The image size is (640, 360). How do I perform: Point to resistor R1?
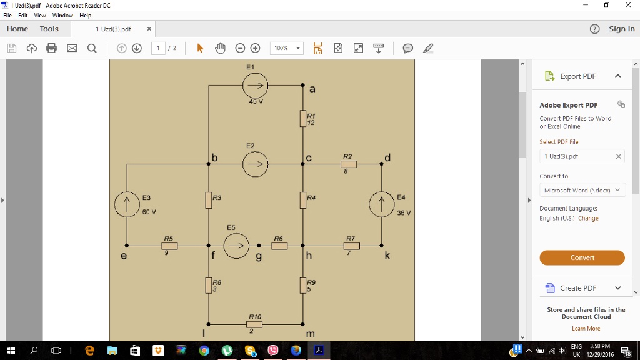(303, 118)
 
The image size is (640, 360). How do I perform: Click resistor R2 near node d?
(349, 164)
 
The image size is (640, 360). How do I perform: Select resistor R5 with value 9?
(169, 246)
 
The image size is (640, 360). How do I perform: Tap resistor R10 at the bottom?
(254, 324)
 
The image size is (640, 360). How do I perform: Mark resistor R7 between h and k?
(352, 246)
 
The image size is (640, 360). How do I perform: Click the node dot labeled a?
(303, 85)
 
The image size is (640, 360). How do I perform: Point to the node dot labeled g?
(259, 246)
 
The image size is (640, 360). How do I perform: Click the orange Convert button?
(582, 257)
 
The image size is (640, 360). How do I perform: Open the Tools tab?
(49, 29)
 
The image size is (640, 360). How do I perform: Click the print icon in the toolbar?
(51, 48)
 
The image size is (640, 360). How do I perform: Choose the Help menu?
(85, 16)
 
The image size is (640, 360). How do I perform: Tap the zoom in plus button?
(255, 48)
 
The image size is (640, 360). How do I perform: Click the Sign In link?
(622, 29)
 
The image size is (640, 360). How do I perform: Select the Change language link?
(588, 218)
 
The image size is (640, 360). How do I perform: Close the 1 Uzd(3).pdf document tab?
(149, 29)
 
